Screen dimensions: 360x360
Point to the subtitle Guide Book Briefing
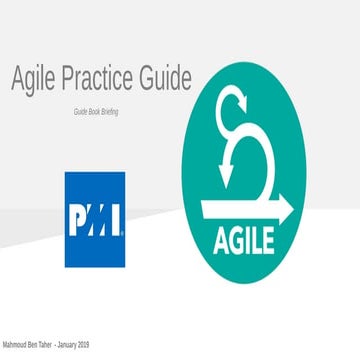pyautogui.click(x=95, y=112)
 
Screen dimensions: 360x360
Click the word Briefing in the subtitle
pyautogui.click(x=107, y=112)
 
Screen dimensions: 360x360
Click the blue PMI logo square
pyautogui.click(x=95, y=219)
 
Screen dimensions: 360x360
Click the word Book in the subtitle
pyautogui.click(x=87, y=112)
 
